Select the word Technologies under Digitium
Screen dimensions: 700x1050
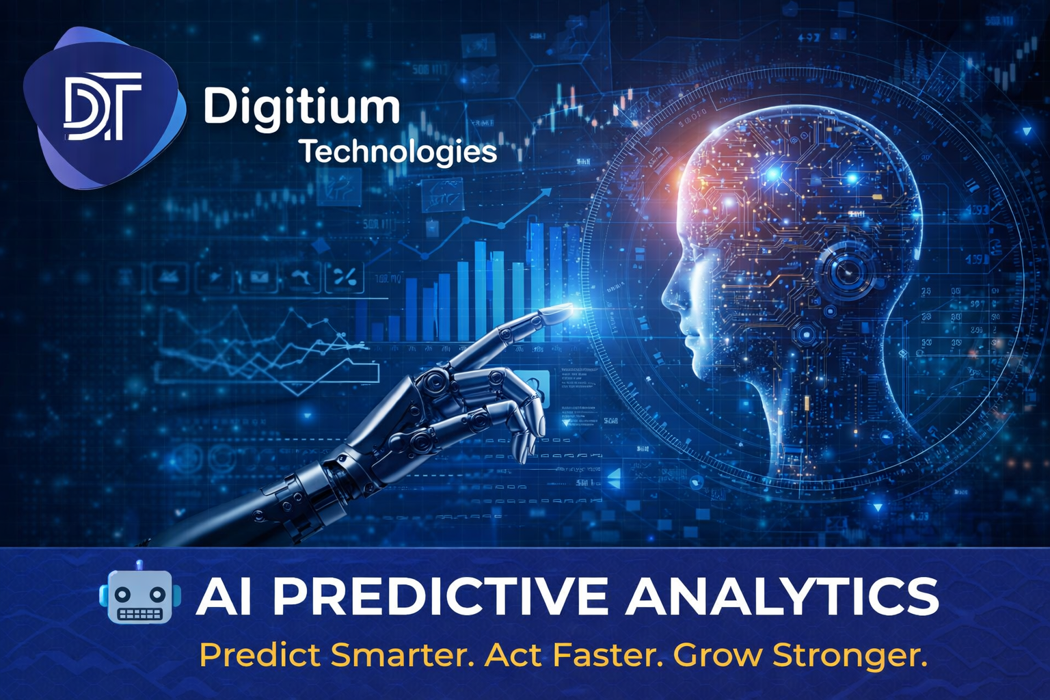pos(399,152)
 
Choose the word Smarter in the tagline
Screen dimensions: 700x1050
pos(403,655)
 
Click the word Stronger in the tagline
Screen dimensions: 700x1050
pos(850,655)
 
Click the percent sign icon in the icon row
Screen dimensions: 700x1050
pos(345,277)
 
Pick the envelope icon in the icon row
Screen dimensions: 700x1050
pos(258,277)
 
